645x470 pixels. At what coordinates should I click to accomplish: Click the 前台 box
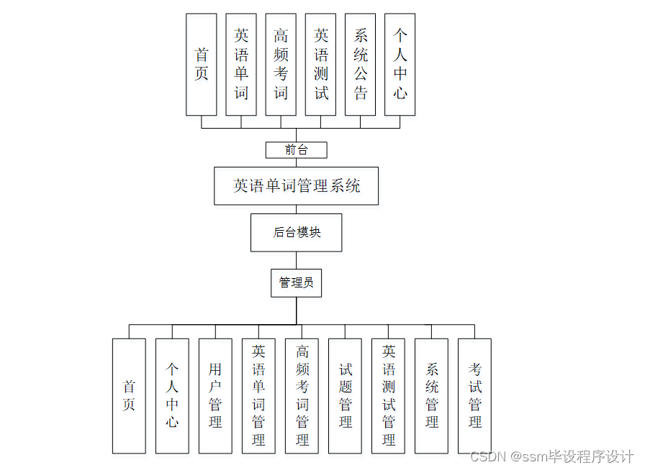click(296, 149)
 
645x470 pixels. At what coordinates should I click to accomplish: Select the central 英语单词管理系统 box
click(296, 186)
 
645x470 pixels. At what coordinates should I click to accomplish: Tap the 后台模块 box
click(296, 232)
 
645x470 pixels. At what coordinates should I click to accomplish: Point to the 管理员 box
click(296, 282)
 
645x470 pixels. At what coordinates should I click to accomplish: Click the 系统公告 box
click(360, 64)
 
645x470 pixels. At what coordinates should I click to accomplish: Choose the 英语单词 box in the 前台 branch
click(241, 64)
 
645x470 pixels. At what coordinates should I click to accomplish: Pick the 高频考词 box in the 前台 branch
click(281, 64)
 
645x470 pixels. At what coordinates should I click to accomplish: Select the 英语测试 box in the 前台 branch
click(320, 64)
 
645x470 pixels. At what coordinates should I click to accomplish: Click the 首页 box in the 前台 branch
click(201, 64)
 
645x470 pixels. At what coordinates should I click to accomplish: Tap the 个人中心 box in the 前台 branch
click(400, 64)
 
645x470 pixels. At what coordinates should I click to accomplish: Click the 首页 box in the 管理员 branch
click(129, 396)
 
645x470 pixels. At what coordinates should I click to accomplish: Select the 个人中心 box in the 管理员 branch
click(172, 396)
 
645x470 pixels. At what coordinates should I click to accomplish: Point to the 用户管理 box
click(215, 396)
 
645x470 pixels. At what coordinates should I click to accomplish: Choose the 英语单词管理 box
click(258, 396)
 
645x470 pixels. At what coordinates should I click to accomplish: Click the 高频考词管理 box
click(302, 396)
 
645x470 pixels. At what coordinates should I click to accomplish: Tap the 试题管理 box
click(345, 396)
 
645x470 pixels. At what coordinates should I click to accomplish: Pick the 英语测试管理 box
click(388, 396)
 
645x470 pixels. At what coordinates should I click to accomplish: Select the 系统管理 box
click(431, 396)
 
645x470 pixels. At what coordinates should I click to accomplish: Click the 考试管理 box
click(474, 396)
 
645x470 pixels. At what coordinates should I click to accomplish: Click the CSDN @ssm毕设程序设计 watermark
click(551, 456)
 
